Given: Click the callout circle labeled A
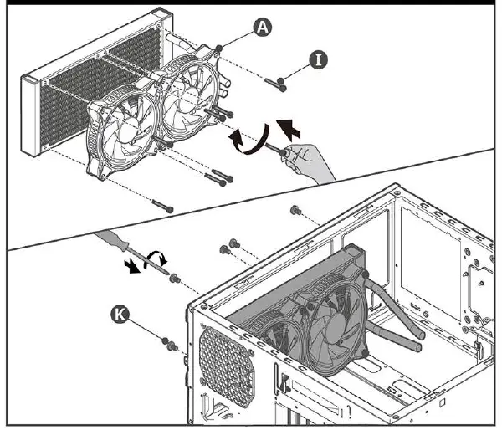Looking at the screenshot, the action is point(263,28).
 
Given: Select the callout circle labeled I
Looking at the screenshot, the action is point(318,60).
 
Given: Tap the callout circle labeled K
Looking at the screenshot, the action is point(120,315).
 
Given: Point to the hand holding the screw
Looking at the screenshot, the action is point(307,161).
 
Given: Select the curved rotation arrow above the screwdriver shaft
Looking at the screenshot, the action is point(156,258).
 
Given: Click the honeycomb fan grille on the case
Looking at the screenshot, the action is point(227,366).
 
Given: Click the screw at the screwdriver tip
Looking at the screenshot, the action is point(175,279).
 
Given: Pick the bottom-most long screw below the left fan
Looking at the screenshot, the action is point(162,206).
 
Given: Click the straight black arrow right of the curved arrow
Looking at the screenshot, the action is point(289,129).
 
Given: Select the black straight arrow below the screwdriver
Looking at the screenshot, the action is point(132,266).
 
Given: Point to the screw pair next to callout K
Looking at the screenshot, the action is point(170,343).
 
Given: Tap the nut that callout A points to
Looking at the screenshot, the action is point(219,49).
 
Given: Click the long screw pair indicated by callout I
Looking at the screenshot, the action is point(275,84).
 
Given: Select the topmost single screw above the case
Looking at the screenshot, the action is point(295,210).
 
